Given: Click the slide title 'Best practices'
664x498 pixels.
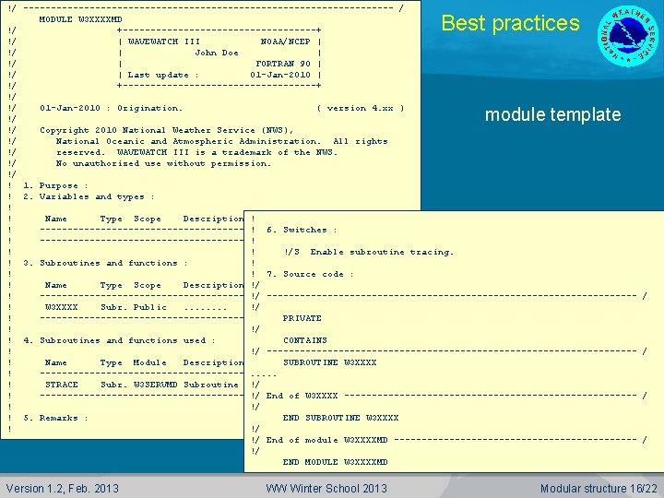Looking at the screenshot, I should coord(510,24).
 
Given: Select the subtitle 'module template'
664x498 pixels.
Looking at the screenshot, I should coord(552,115).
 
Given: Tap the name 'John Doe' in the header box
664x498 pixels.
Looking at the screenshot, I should coord(217,53).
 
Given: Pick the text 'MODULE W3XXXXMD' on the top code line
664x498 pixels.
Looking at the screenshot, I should coord(80,19).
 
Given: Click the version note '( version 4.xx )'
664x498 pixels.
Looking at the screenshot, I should coord(360,108).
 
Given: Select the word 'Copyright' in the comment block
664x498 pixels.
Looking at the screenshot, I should coord(64,130).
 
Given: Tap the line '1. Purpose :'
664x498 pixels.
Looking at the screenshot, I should coord(56,185).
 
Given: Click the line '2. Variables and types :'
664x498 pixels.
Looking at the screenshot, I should coord(89,196).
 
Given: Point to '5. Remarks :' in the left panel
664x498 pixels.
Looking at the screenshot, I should coord(56,418).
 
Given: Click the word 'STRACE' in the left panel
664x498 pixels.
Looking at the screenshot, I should coord(62,385).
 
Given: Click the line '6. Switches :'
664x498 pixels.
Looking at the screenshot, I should coord(302,230).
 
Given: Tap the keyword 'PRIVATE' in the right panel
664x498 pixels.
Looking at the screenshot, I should coord(302,318).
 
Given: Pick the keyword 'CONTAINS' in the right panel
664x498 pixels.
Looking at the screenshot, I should coord(304,340).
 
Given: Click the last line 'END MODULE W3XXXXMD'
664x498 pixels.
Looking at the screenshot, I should coord(335,462).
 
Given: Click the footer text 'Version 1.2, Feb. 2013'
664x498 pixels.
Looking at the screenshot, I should coord(62,488).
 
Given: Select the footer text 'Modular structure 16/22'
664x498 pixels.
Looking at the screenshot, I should coord(599,488).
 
